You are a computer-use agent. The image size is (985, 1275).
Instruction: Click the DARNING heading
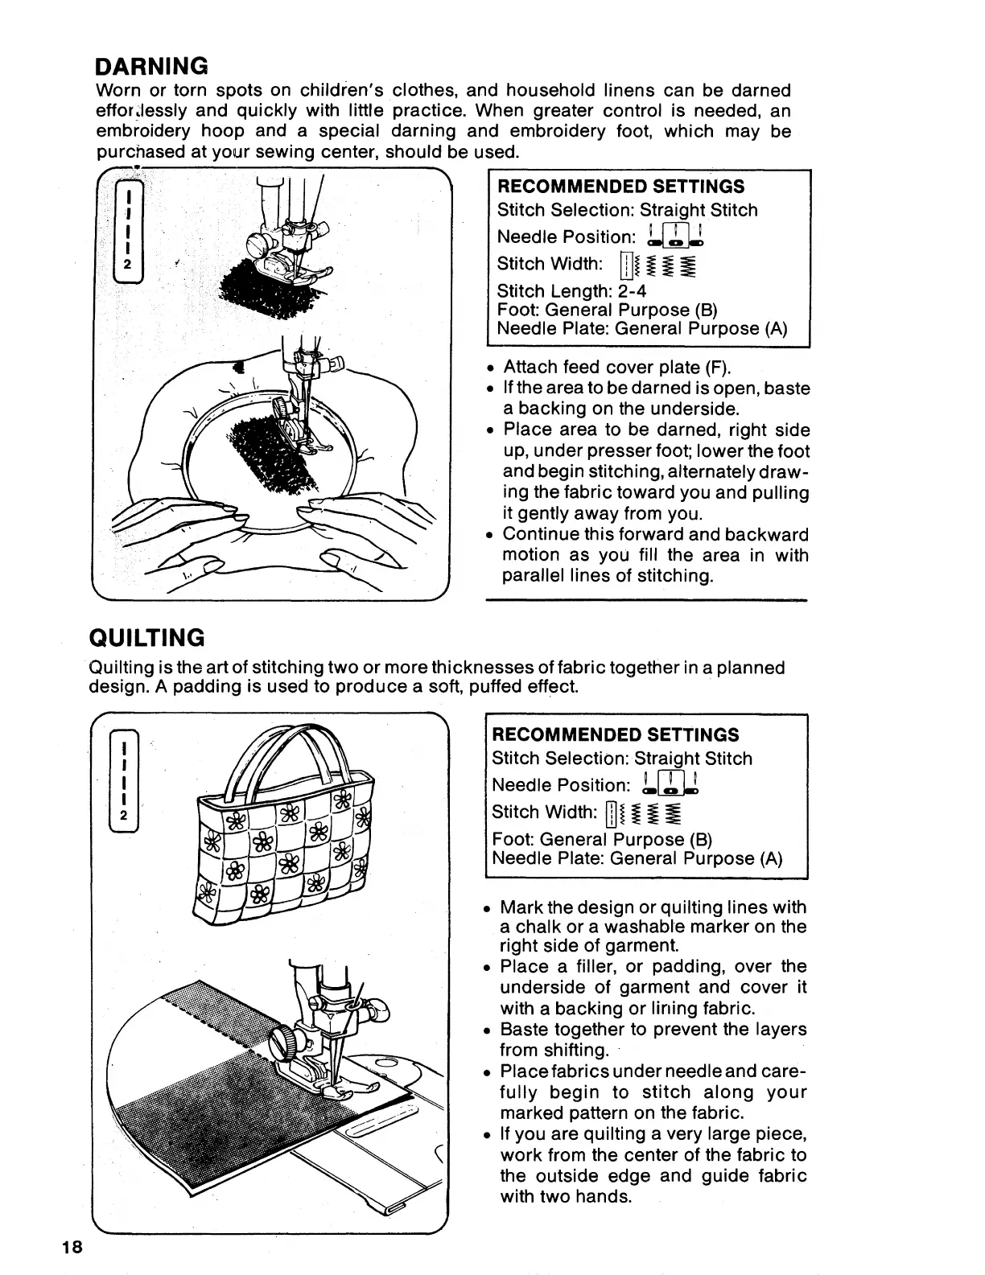point(152,64)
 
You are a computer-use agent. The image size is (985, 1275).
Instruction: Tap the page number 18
point(71,1248)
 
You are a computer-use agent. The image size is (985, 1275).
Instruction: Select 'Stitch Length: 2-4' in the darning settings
point(571,291)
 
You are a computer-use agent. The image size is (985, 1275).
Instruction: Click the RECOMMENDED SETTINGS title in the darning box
point(620,187)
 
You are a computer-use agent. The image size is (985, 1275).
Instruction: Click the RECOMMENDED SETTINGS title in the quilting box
point(615,735)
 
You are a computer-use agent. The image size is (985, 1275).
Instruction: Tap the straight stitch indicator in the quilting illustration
point(123,781)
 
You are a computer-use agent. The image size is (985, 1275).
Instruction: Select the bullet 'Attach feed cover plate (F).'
point(616,368)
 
